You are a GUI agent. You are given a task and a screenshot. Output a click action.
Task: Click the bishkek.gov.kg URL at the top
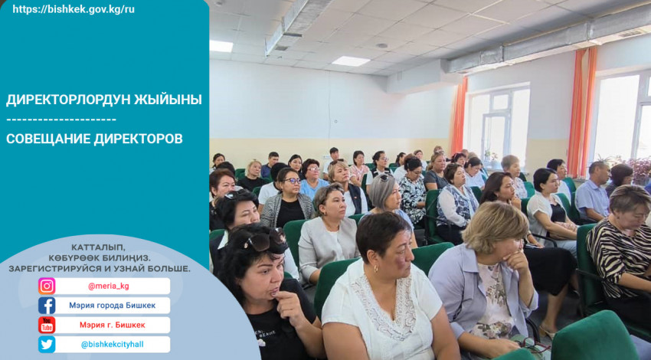[74, 9]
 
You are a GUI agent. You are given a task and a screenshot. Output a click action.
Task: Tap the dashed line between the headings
[61, 120]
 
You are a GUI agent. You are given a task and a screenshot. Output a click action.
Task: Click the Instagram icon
[47, 286]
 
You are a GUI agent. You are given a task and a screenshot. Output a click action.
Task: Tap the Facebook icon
[47, 306]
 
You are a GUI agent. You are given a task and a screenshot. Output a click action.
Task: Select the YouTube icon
[47, 325]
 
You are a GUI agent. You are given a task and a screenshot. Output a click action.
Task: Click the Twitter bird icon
[47, 345]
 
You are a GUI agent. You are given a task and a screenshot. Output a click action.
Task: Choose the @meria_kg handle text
[108, 286]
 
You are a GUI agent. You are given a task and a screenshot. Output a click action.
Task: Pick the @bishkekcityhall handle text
[112, 345]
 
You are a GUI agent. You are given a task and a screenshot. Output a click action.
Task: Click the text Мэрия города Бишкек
[112, 306]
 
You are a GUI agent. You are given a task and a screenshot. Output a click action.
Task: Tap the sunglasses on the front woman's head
[263, 240]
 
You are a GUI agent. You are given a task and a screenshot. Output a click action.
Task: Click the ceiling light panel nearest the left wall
[221, 46]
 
